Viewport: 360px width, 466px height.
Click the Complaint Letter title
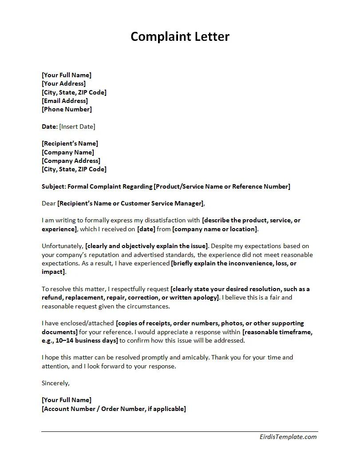pyautogui.click(x=180, y=36)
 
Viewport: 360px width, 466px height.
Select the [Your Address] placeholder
pyautogui.click(x=63, y=83)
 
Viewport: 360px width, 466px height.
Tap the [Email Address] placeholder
pyautogui.click(x=65, y=101)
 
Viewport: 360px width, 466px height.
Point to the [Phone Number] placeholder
pyautogui.click(x=67, y=109)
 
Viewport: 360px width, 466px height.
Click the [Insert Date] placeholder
pyautogui.click(x=77, y=126)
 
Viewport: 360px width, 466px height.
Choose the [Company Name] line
pyautogui.click(x=68, y=152)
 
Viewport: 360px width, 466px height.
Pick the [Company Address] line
pyautogui.click(x=71, y=161)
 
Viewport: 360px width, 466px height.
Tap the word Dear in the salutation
pyautogui.click(x=48, y=204)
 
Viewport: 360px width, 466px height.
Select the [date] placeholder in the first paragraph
pyautogui.click(x=146, y=229)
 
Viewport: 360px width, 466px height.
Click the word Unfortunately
pyautogui.click(x=62, y=246)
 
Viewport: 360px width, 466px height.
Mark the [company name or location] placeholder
pyautogui.click(x=215, y=229)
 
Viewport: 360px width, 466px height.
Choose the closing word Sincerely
pyautogui.click(x=55, y=383)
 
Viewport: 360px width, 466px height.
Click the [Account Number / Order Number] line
pyautogui.click(x=114, y=409)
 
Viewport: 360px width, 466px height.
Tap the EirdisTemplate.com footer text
pyautogui.click(x=288, y=437)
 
